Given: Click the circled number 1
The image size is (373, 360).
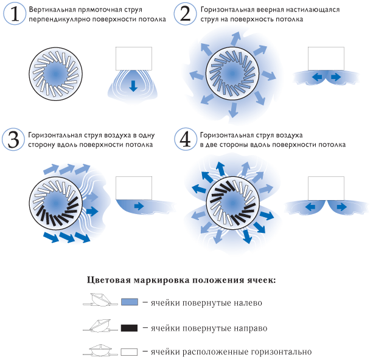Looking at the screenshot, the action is tap(15, 14).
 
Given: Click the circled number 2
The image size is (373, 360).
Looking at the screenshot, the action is tap(186, 14).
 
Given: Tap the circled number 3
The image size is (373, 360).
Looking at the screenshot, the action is tap(13, 140).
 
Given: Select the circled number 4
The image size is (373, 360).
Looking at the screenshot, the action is tap(186, 140).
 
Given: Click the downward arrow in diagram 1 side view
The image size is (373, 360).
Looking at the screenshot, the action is tap(133, 86).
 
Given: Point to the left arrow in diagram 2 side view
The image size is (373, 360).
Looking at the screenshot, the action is tap(317, 77).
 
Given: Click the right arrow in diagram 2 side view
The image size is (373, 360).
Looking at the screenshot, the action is tap(336, 77).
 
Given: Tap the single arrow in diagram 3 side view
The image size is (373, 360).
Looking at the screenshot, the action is tap(139, 206).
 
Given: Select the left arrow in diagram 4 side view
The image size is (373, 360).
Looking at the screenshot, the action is tap(310, 207).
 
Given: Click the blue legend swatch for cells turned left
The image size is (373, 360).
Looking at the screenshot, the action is tap(130, 302).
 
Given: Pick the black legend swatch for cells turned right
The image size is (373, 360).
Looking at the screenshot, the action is tap(129, 328).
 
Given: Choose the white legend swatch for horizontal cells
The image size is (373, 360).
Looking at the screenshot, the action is tap(129, 352).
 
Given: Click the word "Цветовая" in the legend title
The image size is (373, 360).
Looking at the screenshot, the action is tap(109, 280).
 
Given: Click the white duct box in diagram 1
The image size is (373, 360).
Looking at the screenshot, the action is tap(134, 58).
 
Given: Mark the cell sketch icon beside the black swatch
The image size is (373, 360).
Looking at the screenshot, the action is tap(100, 326).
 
